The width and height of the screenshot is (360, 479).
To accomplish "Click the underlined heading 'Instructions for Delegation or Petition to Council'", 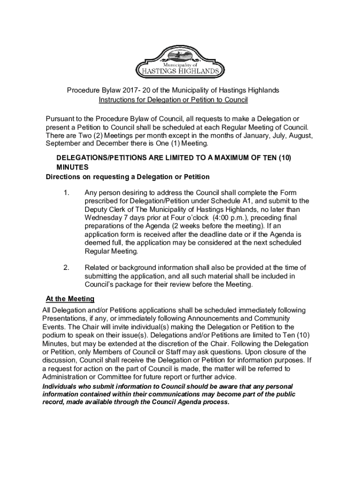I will click(173, 100).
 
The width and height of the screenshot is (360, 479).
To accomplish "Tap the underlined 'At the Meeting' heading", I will click(70, 298).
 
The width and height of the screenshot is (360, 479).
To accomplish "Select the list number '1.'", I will click(66, 193).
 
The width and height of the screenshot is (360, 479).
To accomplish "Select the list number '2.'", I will click(66, 268).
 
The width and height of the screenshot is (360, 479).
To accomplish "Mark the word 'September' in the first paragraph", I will click(64, 144).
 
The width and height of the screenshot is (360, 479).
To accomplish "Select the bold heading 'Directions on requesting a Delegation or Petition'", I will click(127, 177).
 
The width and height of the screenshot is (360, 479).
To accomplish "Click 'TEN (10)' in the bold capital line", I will click(277, 158).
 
